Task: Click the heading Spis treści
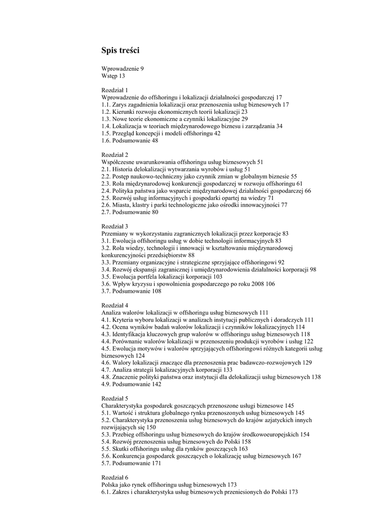tap(120, 50)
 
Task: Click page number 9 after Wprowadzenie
tap(142, 68)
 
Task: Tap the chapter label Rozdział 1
tap(115, 90)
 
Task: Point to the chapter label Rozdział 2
tap(115, 154)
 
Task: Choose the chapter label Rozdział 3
tap(115, 226)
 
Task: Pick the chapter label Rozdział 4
tap(115, 305)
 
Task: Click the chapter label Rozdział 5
tap(115, 398)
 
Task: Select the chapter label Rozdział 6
tap(115, 477)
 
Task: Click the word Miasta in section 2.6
tap(122, 205)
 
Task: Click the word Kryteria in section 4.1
tap(125, 319)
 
